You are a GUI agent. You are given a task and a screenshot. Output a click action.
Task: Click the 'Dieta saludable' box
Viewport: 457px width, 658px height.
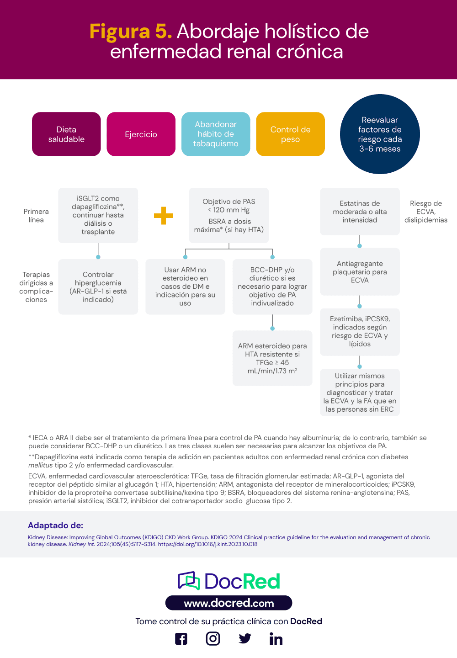coord(66,134)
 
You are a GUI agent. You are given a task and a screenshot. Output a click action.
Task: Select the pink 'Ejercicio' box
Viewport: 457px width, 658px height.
coord(141,134)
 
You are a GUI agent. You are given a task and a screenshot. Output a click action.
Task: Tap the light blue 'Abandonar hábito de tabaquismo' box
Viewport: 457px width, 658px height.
coord(216,134)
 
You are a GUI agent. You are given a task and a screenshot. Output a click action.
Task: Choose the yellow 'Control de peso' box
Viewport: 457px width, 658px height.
coord(290,134)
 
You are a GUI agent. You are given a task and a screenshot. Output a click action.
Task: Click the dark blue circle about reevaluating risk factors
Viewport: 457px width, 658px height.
coord(380,134)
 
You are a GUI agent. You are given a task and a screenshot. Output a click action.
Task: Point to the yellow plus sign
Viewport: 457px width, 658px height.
coord(163,216)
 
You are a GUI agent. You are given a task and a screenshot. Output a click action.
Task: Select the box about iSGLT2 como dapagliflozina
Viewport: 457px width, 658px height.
coord(98,215)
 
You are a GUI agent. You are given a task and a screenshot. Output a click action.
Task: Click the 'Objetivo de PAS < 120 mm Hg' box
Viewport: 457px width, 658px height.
coord(228,215)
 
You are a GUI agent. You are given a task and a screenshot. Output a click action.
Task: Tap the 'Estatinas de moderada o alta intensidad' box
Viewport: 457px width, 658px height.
coord(360,212)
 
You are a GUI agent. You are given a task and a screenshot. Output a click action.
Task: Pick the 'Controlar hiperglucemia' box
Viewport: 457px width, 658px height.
coord(98,287)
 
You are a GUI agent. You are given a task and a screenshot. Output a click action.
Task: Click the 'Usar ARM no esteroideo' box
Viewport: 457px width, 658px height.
coord(185,287)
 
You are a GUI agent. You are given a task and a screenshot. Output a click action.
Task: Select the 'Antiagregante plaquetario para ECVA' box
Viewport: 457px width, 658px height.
coord(360,272)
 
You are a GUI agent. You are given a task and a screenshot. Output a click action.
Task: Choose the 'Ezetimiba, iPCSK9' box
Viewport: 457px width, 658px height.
coord(360,331)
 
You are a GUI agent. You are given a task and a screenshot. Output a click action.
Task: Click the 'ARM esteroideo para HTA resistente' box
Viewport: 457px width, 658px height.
coord(272,358)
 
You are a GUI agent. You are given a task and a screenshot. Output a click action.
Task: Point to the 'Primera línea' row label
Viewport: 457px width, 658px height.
coord(36,216)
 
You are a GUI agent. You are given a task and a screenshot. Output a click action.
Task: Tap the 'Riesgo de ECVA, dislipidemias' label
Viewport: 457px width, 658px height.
coord(425,212)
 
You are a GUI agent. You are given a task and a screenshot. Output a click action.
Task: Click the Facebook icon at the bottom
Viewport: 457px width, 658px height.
coord(181,639)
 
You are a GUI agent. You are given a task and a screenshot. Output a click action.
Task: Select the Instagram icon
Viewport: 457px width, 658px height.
coord(213,638)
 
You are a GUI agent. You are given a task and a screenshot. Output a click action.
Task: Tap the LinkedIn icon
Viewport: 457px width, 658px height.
coord(276,639)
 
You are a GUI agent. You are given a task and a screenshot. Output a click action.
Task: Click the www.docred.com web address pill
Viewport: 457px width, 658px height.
coord(228,603)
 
